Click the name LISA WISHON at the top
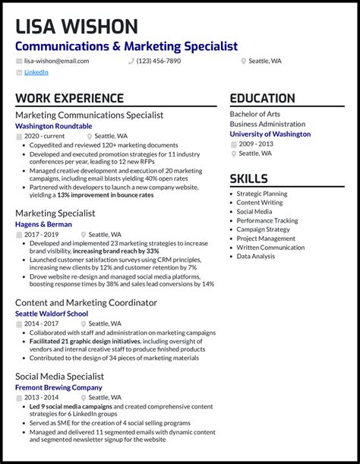coord(76,27)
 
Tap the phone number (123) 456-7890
coord(158,61)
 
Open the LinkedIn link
coord(36,72)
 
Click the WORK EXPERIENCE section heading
coord(69,98)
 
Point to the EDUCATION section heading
coord(262,98)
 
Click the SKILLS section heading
coord(248,179)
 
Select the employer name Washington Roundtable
coord(53,126)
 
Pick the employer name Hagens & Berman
coord(43,225)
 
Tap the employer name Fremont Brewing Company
coord(58,387)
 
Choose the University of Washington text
coord(270,134)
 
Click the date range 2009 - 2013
coord(256,144)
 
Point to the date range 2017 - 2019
coord(41,235)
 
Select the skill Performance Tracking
coord(267,220)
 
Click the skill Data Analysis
coord(256,257)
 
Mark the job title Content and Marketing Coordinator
coord(86,302)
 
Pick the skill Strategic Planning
coord(261,194)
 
